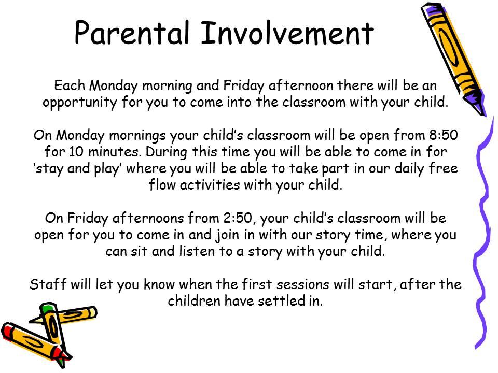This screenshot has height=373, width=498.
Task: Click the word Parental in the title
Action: coord(132,32)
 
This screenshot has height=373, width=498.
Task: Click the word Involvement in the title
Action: coord(287,32)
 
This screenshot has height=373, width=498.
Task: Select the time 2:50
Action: coord(238,218)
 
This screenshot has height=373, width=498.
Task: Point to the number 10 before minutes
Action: coord(76,152)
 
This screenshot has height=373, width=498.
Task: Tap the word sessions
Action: coord(302,284)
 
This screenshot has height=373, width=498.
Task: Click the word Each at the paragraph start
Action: coord(70,85)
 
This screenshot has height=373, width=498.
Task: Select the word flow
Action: coord(162,185)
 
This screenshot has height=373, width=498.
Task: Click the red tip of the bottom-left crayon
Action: coord(7,330)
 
